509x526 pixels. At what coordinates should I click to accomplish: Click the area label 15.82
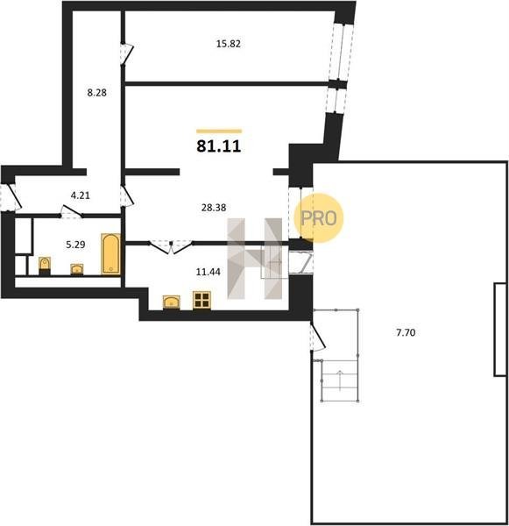(229, 44)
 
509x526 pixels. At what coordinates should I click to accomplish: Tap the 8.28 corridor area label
(97, 93)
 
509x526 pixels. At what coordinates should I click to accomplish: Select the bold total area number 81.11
(219, 146)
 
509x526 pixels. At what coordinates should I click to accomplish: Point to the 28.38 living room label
(214, 208)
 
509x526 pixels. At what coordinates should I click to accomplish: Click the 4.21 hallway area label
(81, 195)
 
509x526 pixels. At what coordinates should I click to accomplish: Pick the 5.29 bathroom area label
(75, 245)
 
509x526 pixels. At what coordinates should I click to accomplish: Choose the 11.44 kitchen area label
(208, 272)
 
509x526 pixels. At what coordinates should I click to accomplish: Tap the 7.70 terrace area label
(406, 332)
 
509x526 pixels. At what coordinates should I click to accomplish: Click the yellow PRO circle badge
(319, 218)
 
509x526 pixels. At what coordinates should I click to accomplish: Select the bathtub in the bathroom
(111, 254)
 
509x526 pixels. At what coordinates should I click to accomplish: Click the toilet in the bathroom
(45, 265)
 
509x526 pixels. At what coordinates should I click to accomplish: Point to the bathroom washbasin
(77, 269)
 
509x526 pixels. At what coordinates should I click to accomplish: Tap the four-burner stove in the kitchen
(201, 300)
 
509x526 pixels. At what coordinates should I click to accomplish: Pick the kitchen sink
(172, 302)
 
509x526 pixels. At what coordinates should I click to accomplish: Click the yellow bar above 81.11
(219, 131)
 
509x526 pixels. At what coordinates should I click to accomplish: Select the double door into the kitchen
(171, 247)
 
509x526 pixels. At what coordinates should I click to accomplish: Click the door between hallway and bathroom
(72, 212)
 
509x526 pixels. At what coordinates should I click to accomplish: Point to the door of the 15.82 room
(127, 53)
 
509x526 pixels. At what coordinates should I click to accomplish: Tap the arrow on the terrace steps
(340, 380)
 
